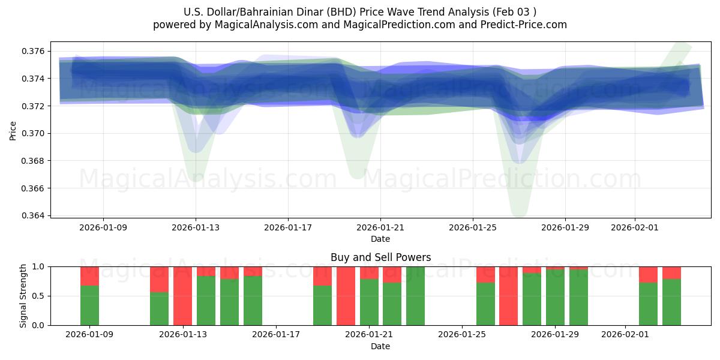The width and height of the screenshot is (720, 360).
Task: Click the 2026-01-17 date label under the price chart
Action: (x=288, y=228)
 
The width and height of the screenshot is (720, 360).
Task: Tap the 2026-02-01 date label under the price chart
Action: (x=634, y=228)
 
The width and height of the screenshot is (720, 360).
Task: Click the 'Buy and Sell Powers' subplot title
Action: (x=380, y=257)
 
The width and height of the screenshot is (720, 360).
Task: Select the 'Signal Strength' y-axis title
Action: (x=23, y=296)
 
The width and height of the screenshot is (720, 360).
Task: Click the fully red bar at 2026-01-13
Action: (x=183, y=296)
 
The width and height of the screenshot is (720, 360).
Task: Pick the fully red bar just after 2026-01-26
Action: (x=508, y=296)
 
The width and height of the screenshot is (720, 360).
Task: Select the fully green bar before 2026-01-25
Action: (x=415, y=296)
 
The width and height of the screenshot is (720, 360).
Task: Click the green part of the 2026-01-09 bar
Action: (x=89, y=305)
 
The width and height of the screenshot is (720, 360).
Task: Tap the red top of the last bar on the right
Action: (x=671, y=272)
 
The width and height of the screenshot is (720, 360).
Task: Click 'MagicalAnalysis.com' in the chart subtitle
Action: (x=261, y=25)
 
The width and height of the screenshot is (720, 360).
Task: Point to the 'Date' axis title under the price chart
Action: (x=380, y=239)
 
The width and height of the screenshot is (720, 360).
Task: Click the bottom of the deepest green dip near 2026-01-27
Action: (x=518, y=214)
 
